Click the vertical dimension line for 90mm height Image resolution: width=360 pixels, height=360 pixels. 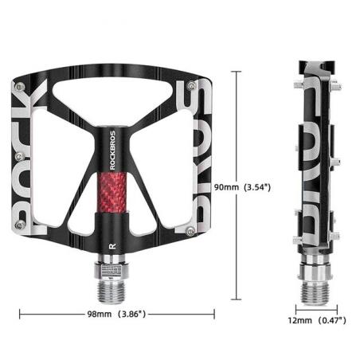point(236,127)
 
